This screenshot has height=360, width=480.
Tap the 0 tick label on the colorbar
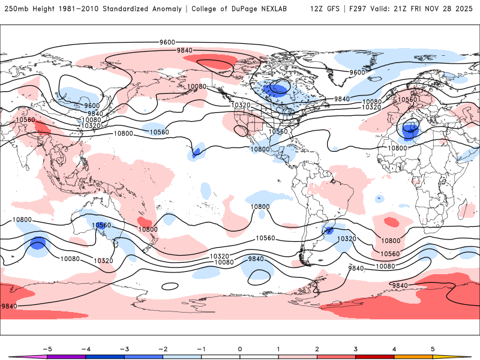pyautogui.click(x=239, y=348)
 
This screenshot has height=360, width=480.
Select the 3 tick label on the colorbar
pyautogui.click(x=355, y=348)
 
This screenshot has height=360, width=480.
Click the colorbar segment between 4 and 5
pyautogui.click(x=413, y=356)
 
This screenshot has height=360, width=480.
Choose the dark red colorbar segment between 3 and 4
pyautogui.click(x=374, y=356)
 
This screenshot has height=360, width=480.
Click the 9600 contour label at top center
pyautogui.click(x=167, y=42)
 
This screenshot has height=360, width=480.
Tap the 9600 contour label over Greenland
pyautogui.click(x=358, y=72)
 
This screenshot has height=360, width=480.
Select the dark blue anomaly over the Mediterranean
pyautogui.click(x=411, y=128)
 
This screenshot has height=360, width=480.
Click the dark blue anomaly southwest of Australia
pyautogui.click(x=38, y=244)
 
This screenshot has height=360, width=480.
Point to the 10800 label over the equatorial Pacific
pyautogui.click(x=260, y=206)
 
